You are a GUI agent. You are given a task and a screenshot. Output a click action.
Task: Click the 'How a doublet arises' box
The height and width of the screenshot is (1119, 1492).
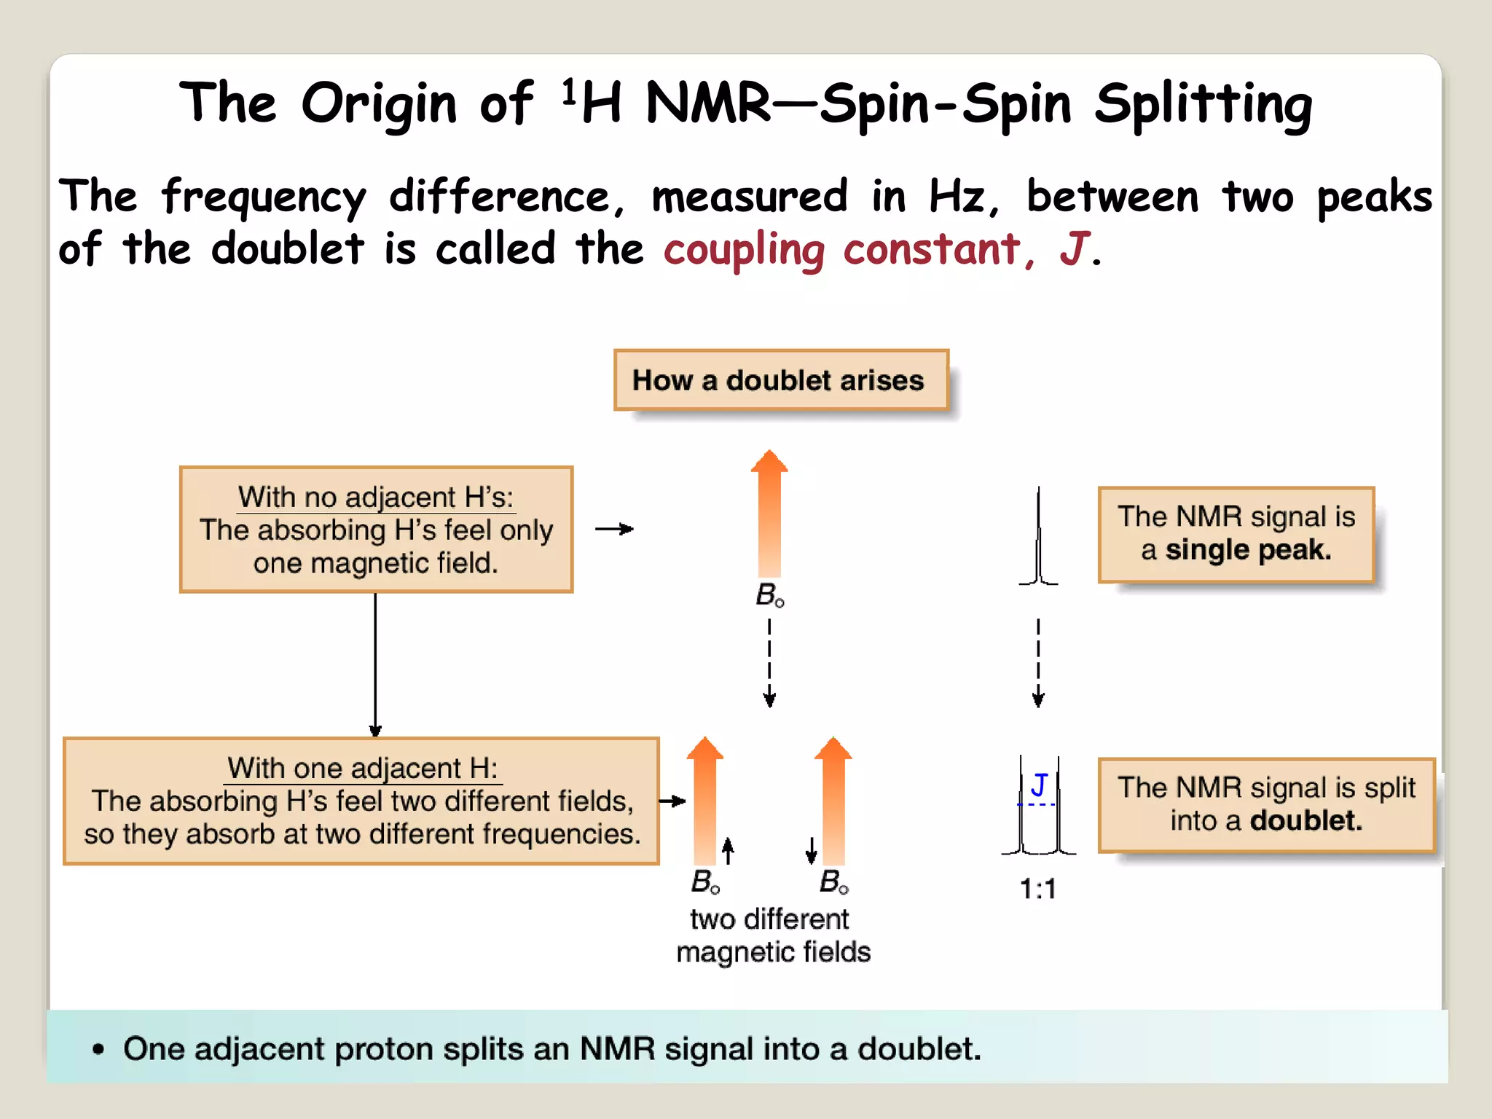click(780, 380)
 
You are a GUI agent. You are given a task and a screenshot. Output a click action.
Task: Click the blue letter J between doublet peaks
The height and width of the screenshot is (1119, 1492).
click(1039, 785)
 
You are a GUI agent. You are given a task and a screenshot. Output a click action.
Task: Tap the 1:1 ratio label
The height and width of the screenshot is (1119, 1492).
click(1037, 889)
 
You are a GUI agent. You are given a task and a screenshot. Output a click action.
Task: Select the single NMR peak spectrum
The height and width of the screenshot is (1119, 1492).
click(1038, 539)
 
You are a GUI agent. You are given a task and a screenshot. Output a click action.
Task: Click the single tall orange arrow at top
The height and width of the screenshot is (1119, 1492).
click(769, 514)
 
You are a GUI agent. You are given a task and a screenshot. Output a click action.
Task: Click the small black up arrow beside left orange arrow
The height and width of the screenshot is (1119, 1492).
click(728, 850)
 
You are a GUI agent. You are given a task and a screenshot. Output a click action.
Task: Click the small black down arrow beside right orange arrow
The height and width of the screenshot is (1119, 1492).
click(811, 850)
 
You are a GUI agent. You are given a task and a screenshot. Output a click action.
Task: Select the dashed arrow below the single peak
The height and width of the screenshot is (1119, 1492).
click(1038, 661)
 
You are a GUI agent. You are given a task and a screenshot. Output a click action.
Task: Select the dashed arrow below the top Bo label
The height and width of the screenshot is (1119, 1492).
click(769, 661)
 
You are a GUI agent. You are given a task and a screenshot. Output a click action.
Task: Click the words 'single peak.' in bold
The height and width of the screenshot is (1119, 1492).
click(1248, 549)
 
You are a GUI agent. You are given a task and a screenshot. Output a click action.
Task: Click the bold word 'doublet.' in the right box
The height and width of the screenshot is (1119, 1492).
click(1305, 821)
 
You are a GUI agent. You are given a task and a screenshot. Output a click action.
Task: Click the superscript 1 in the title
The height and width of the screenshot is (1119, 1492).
click(569, 92)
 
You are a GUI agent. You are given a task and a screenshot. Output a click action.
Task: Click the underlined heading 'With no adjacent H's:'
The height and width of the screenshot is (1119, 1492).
click(376, 498)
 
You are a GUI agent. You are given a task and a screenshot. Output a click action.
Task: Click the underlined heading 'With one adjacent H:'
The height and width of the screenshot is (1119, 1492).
click(363, 769)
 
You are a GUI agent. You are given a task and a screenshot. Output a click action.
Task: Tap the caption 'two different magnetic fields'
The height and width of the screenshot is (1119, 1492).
click(772, 935)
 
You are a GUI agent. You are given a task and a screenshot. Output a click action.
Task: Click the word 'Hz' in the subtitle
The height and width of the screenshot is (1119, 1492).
click(956, 197)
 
